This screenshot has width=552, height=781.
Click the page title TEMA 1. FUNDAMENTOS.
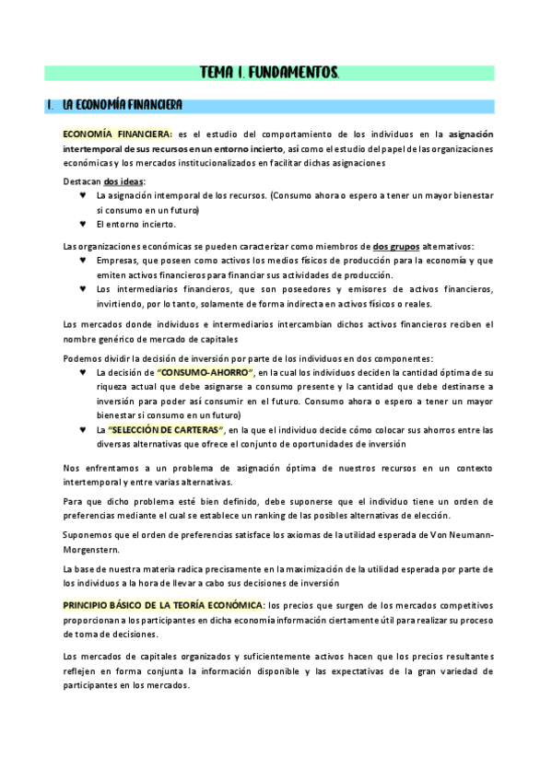pos(270,73)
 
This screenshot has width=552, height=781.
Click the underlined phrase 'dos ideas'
pos(124,181)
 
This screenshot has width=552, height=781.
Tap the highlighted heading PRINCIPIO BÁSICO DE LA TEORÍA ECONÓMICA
pos(161,605)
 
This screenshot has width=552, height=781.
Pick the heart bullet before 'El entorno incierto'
pos(84,225)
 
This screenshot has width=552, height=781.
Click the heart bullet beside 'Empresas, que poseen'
pos(84,261)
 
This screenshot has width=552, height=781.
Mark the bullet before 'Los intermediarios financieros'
pos(84,290)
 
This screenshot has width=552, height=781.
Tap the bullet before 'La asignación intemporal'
pos(84,196)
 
